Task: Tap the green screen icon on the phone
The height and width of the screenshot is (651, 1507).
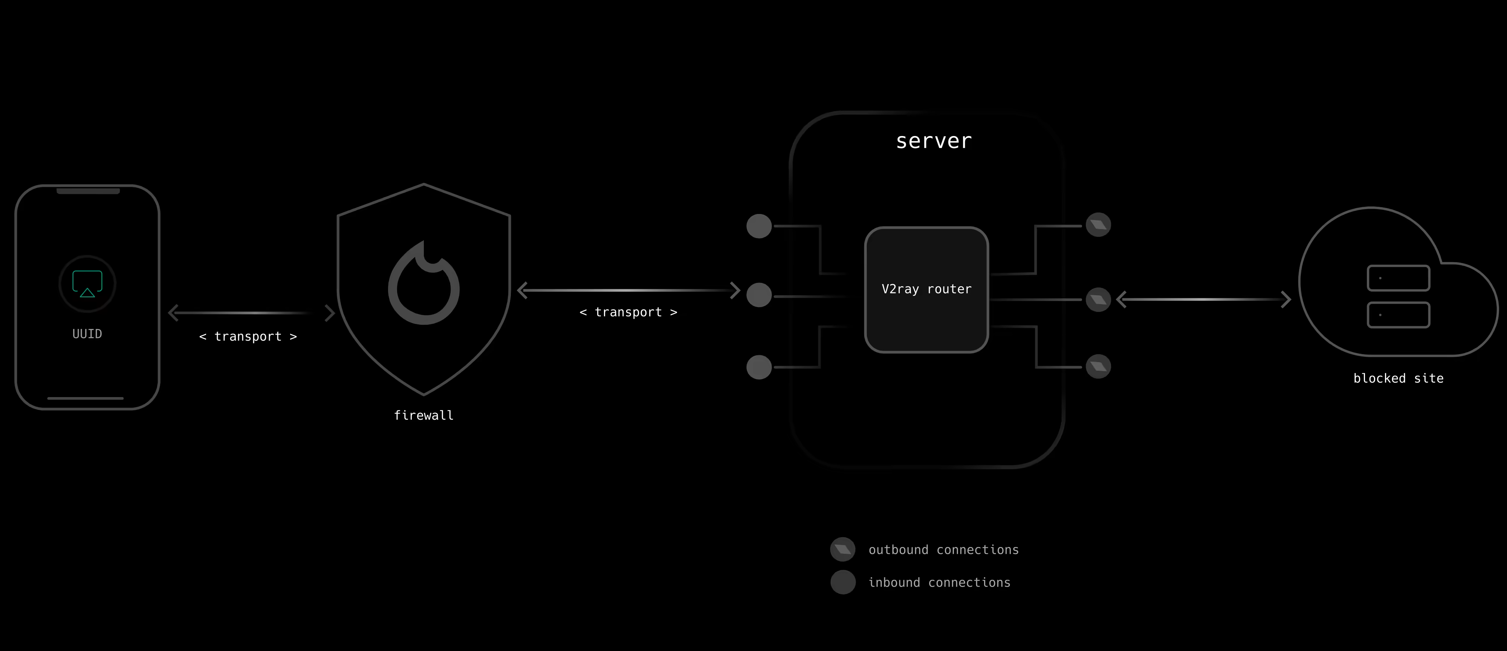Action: click(87, 284)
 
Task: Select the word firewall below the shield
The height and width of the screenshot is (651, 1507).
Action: click(423, 415)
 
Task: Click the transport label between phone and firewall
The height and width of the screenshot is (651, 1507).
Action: click(248, 336)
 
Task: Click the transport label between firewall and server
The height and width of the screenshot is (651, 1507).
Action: click(628, 312)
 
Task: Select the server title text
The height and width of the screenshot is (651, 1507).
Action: click(934, 141)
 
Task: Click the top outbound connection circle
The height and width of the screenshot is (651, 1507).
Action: click(1098, 225)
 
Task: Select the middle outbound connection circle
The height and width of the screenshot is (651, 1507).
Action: click(1098, 300)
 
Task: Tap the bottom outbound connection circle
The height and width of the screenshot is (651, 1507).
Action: click(1098, 367)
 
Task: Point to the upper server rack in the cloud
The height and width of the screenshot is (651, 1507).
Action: click(1398, 278)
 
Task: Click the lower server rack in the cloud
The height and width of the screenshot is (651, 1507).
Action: click(1398, 315)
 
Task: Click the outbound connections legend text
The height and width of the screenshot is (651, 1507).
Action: click(943, 550)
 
